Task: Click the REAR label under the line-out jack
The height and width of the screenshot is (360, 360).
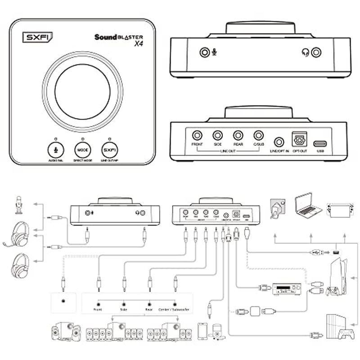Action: tap(238, 145)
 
